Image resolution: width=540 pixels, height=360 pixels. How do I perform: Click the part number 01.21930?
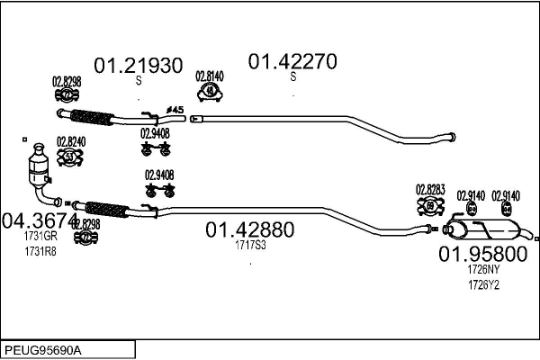click(139, 66)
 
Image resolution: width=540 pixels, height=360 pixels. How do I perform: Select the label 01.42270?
click(292, 61)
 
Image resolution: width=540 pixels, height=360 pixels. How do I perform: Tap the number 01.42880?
click(250, 229)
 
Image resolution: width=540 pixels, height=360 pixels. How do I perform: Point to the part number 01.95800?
click(482, 253)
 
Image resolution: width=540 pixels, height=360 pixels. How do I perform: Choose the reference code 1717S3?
click(250, 245)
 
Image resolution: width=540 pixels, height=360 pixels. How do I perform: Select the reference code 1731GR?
click(40, 237)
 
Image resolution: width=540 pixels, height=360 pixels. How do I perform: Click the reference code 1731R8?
click(40, 251)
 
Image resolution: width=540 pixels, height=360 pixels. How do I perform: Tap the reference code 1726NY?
click(483, 268)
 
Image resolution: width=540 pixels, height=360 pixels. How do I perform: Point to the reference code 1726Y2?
click(483, 284)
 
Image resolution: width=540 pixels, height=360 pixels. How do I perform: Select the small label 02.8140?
click(210, 77)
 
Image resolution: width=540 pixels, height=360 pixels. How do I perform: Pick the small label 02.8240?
click(70, 141)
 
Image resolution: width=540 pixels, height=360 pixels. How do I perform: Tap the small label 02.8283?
click(429, 189)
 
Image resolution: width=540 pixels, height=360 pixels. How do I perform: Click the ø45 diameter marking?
click(175, 109)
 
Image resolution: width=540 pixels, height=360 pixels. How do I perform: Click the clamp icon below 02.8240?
click(70, 157)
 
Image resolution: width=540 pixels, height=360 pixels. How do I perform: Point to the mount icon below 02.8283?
click(429, 206)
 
